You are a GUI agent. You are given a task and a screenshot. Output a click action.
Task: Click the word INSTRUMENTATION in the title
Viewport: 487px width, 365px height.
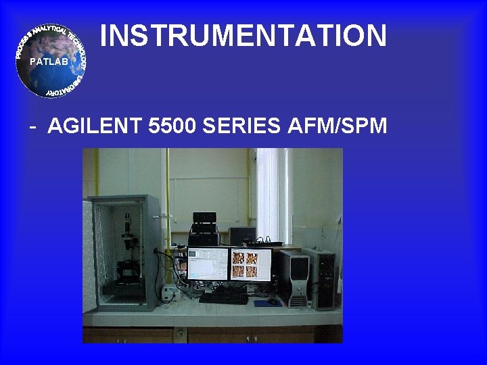click(x=243, y=36)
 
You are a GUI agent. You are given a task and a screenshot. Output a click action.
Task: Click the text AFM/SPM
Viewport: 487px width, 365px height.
click(x=342, y=126)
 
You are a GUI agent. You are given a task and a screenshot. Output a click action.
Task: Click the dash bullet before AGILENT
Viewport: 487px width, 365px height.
click(x=32, y=127)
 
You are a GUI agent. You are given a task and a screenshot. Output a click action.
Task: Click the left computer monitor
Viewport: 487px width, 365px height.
click(x=207, y=264)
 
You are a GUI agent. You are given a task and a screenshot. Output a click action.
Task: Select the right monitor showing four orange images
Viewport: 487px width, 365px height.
click(x=250, y=264)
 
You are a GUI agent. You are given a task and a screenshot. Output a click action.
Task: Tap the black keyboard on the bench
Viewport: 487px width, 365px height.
click(x=223, y=297)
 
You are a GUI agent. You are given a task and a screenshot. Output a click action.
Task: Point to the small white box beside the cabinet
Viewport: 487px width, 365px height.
click(x=168, y=293)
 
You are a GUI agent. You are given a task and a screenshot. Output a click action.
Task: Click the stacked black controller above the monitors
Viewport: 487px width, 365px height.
click(x=204, y=228)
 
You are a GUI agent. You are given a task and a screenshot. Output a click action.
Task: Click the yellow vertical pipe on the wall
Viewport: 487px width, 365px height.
click(x=167, y=203)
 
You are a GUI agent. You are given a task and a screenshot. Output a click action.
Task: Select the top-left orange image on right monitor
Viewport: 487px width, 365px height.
click(x=238, y=258)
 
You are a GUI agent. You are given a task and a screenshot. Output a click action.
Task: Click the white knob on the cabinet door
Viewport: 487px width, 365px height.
click(x=155, y=216)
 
